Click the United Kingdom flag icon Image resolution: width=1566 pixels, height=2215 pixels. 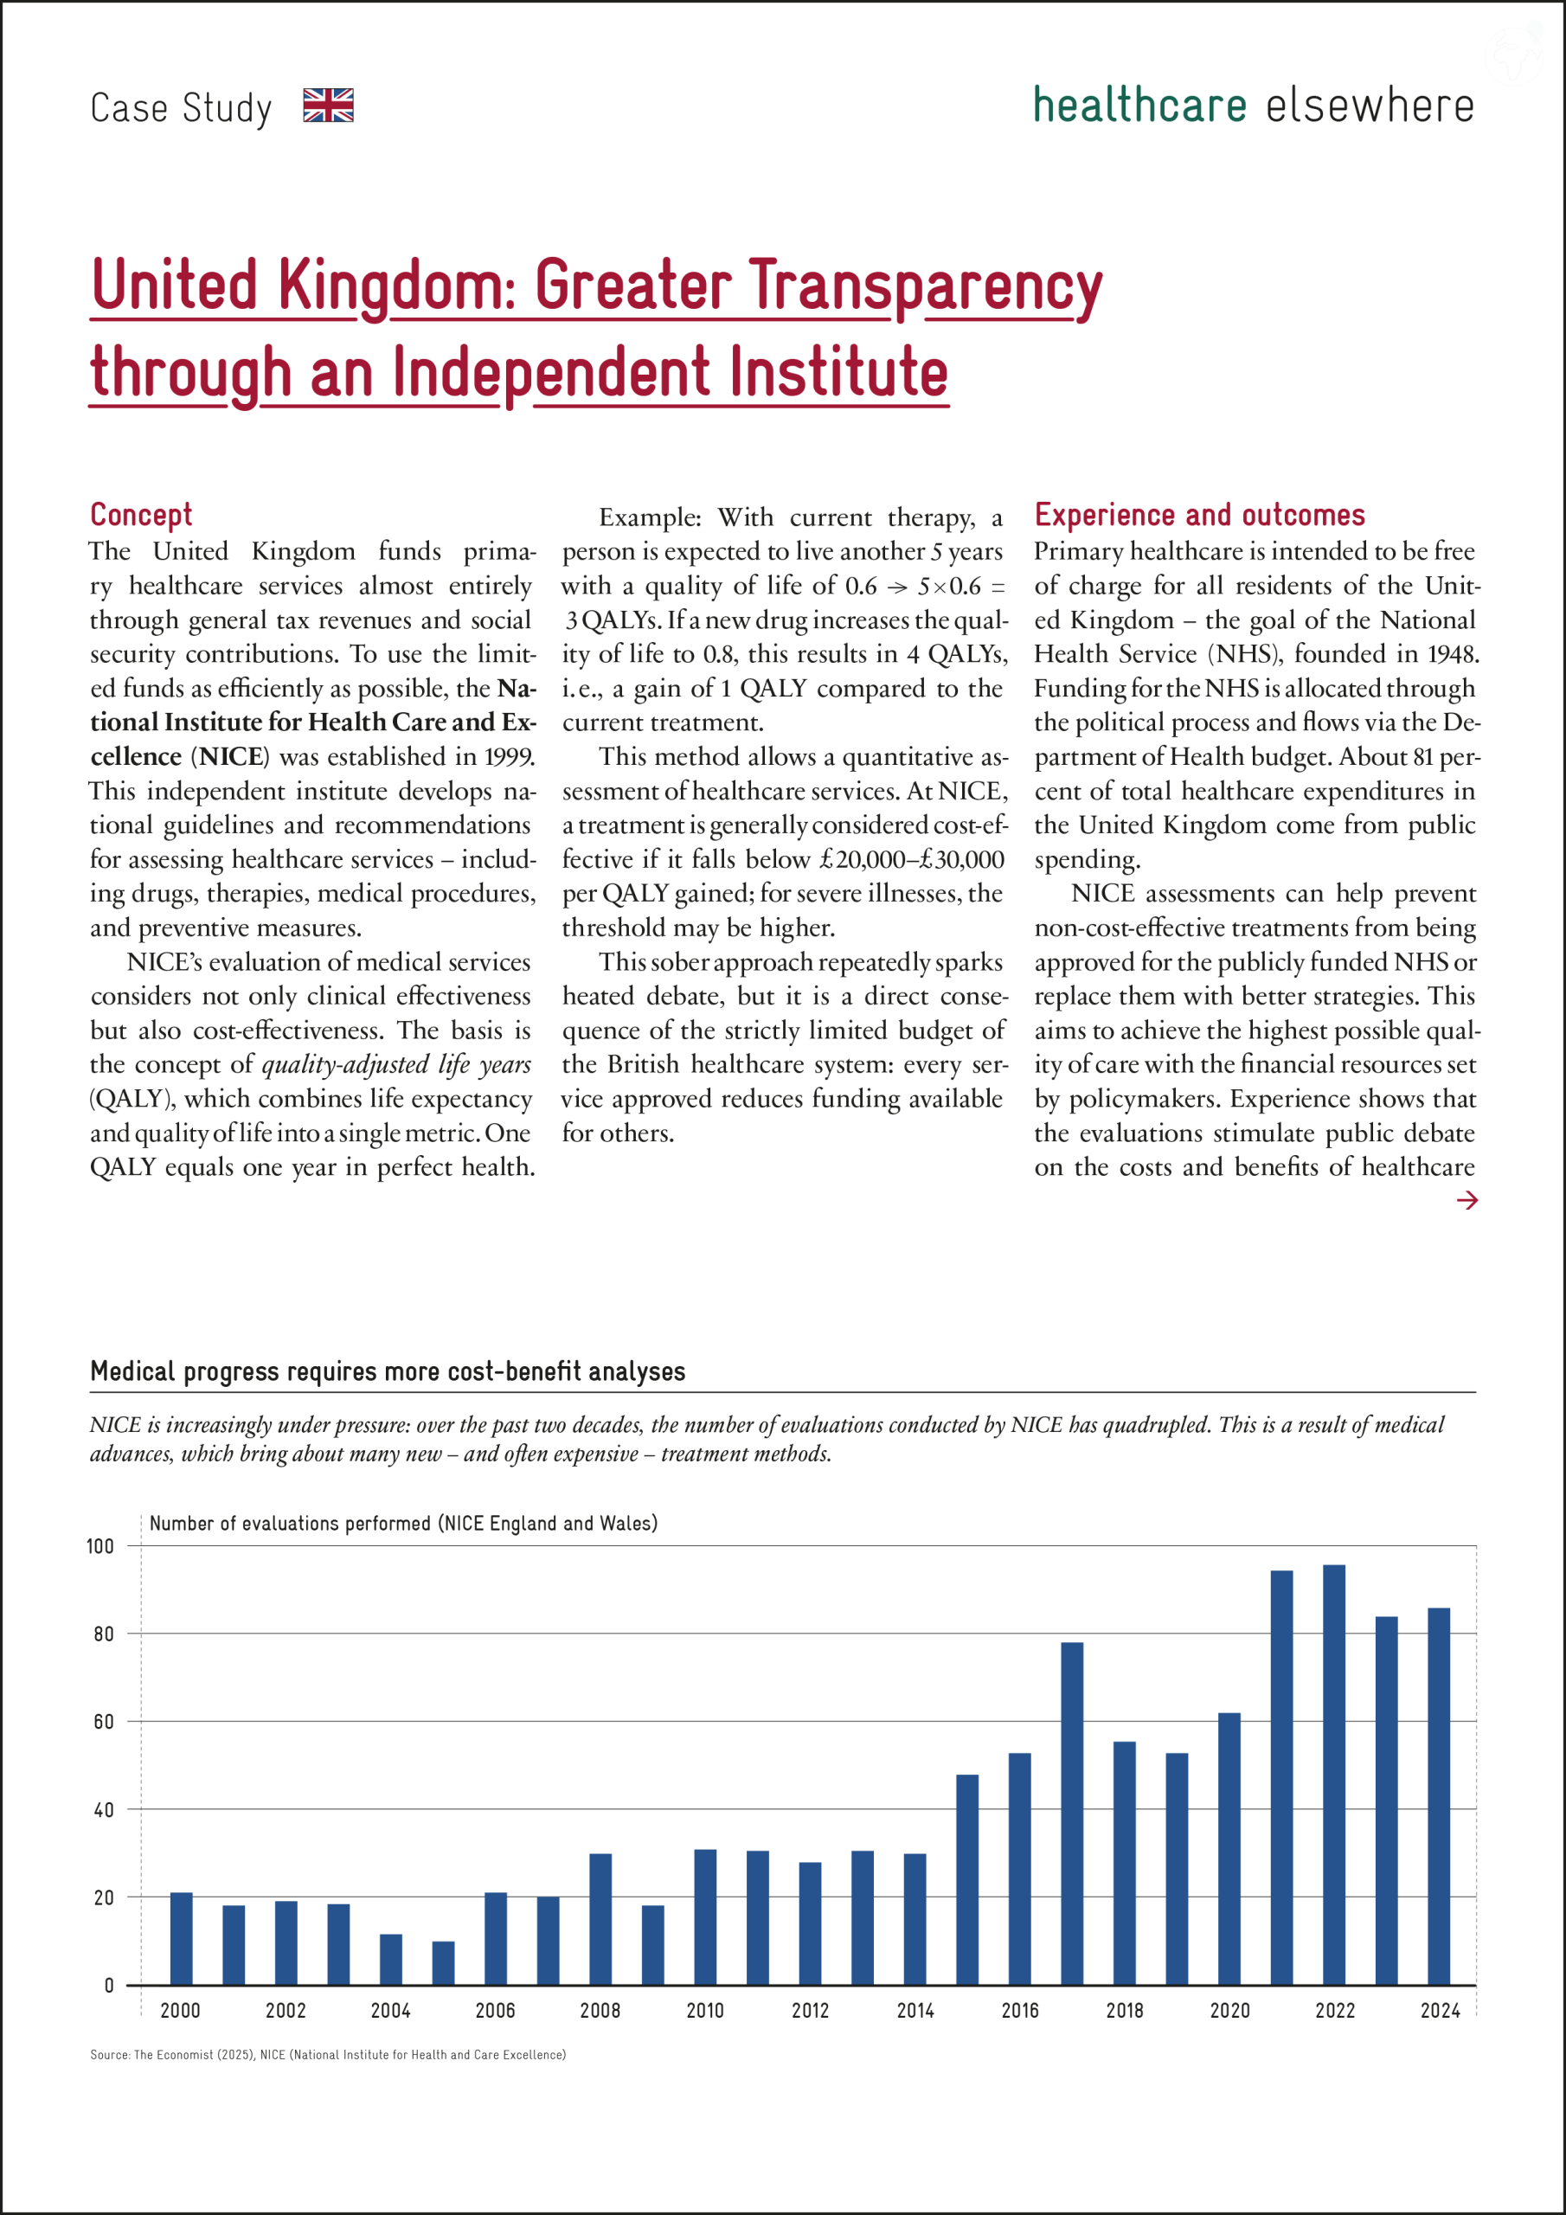328,106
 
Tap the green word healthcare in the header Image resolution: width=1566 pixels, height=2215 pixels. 1139,106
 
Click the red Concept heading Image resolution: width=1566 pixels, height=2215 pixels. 141,515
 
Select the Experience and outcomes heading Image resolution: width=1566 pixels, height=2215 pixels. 1199,515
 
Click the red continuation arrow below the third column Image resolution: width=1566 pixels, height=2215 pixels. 1467,1200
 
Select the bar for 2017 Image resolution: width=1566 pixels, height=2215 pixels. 1072,1814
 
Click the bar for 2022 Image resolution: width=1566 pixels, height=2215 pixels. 1334,1775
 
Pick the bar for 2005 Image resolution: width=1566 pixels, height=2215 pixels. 443,1963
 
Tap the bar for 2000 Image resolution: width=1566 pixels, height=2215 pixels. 182,1939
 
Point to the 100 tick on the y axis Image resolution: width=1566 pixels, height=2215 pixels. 100,1546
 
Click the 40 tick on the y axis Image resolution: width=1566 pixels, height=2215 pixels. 103,1810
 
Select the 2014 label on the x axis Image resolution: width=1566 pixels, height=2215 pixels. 915,2012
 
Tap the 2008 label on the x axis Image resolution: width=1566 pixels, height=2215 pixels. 600,2012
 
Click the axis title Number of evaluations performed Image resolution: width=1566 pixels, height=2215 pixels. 403,1524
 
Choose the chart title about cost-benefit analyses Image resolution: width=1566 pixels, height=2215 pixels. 387,1372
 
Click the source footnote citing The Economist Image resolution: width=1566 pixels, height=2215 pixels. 328,2055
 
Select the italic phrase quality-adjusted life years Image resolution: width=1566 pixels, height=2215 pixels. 396,1064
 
